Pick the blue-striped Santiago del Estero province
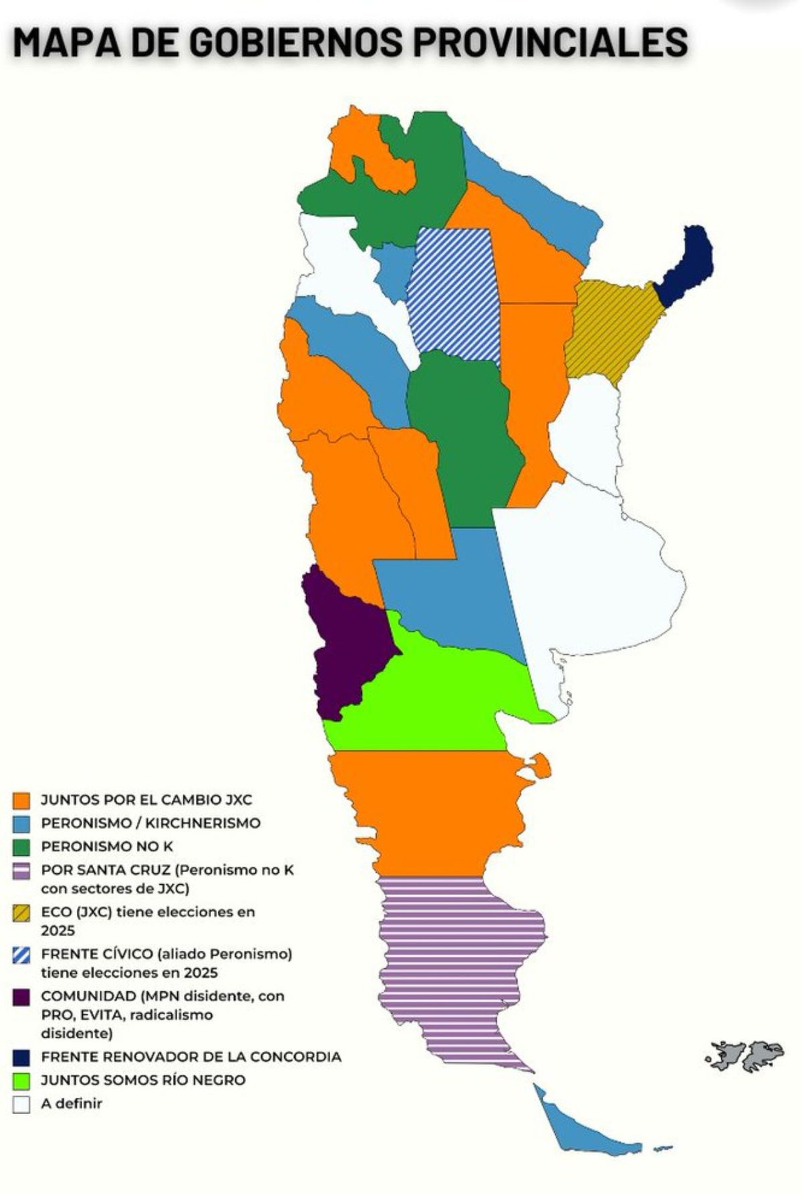click(x=454, y=294)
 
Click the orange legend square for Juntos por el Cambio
click(x=21, y=800)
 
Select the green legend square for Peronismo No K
click(x=21, y=847)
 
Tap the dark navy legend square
click(x=21, y=1057)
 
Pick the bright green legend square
click(x=21, y=1080)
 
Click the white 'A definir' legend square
click(x=21, y=1103)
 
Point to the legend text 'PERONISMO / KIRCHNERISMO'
click(x=150, y=823)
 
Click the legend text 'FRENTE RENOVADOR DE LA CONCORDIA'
click(x=191, y=1057)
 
